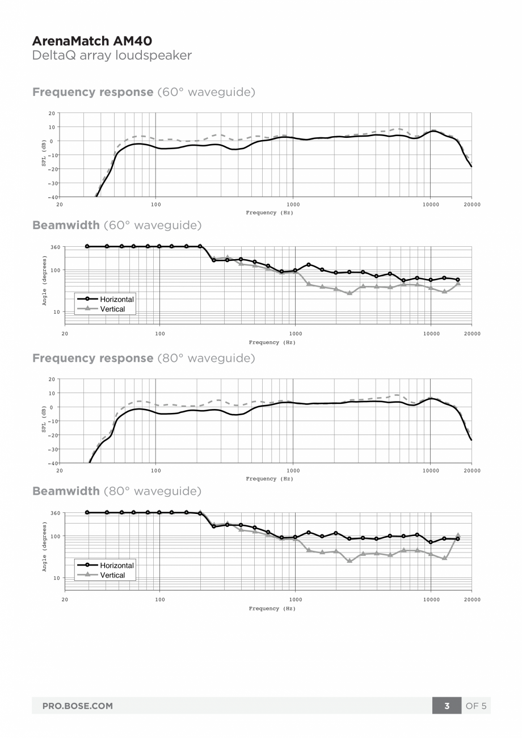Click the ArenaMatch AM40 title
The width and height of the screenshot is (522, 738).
pyautogui.click(x=92, y=41)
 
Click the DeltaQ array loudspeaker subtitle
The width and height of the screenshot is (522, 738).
pyautogui.click(x=112, y=56)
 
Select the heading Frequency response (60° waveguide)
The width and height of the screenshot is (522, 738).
pyautogui.click(x=144, y=92)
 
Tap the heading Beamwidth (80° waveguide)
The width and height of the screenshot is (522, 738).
pyautogui.click(x=117, y=491)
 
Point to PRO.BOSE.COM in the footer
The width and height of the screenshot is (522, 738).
pyautogui.click(x=77, y=706)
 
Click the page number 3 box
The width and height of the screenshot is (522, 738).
pyautogui.click(x=447, y=706)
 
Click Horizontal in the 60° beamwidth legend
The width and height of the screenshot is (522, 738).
pyautogui.click(x=117, y=300)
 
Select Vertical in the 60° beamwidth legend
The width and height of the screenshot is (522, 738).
pyautogui.click(x=112, y=309)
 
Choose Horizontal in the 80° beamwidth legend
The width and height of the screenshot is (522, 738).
pyautogui.click(x=117, y=566)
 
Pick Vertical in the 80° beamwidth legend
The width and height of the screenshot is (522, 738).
pyautogui.click(x=112, y=575)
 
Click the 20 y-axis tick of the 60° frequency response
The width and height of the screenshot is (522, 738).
pyautogui.click(x=51, y=113)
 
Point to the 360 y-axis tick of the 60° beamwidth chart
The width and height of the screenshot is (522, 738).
pyautogui.click(x=56, y=247)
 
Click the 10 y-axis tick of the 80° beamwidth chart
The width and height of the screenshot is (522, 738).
pyautogui.click(x=57, y=578)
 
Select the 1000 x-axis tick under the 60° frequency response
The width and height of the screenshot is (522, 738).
pyautogui.click(x=293, y=204)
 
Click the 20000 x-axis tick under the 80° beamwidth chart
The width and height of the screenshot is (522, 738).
pyautogui.click(x=472, y=600)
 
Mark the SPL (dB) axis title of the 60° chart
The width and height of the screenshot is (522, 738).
pyautogui.click(x=44, y=155)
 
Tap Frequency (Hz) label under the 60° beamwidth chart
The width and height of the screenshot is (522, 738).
pyautogui.click(x=272, y=343)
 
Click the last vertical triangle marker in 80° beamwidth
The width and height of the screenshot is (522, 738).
pyautogui.click(x=458, y=535)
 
